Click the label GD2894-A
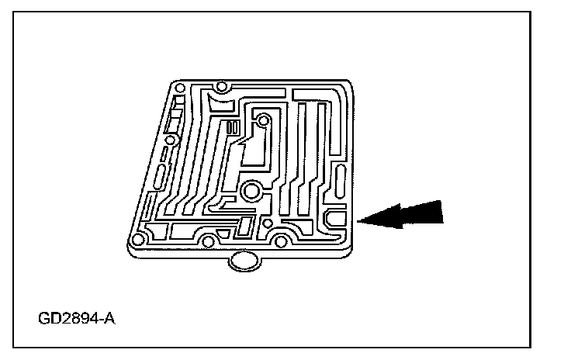(x=75, y=318)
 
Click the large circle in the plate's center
(x=251, y=192)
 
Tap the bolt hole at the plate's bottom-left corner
(x=139, y=239)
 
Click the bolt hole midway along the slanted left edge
(x=171, y=140)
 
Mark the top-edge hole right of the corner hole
(x=221, y=87)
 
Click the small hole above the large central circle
(x=262, y=120)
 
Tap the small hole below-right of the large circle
(x=268, y=224)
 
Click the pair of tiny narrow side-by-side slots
(x=233, y=128)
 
